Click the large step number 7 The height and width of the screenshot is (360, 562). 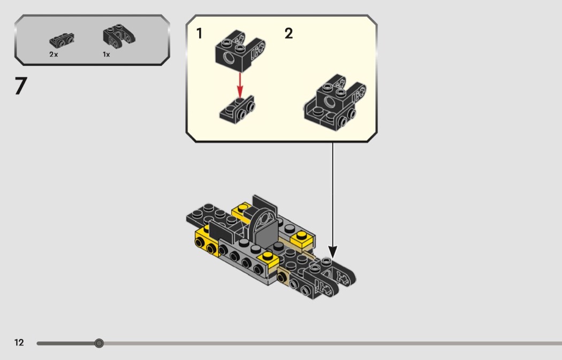tap(21, 87)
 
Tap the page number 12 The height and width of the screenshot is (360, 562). tap(19, 343)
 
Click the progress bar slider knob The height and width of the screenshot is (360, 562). tap(99, 343)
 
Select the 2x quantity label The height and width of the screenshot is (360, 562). tap(54, 55)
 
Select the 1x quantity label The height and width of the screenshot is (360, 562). tap(107, 55)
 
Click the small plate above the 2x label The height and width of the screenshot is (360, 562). tap(62, 40)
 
